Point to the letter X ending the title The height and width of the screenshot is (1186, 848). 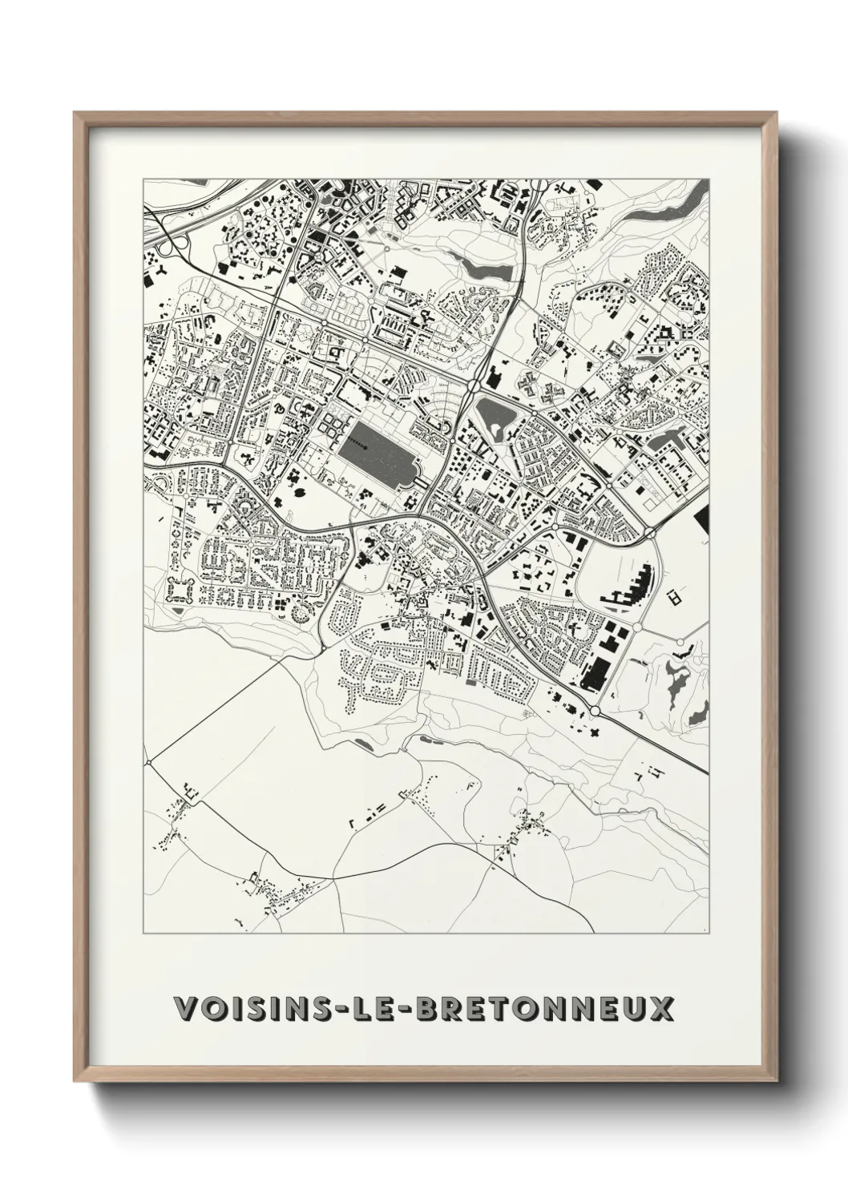(x=661, y=1008)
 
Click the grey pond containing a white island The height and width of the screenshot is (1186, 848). (x=498, y=418)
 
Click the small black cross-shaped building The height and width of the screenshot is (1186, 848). (x=595, y=732)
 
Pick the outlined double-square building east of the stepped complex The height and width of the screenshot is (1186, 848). (x=674, y=596)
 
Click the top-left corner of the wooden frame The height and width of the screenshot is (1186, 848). (x=75, y=114)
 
